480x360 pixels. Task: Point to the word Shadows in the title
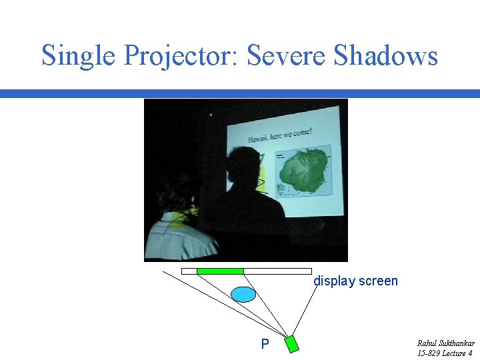[385, 56]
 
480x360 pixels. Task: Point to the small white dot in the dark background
[211, 115]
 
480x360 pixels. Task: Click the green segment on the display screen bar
[220, 271]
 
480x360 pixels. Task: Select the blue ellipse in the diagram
[243, 294]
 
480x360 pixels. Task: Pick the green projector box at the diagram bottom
[292, 343]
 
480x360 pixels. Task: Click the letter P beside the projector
[265, 345]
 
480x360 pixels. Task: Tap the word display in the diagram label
[334, 281]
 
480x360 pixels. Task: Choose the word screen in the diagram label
[378, 281]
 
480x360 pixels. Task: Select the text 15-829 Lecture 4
[445, 353]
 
